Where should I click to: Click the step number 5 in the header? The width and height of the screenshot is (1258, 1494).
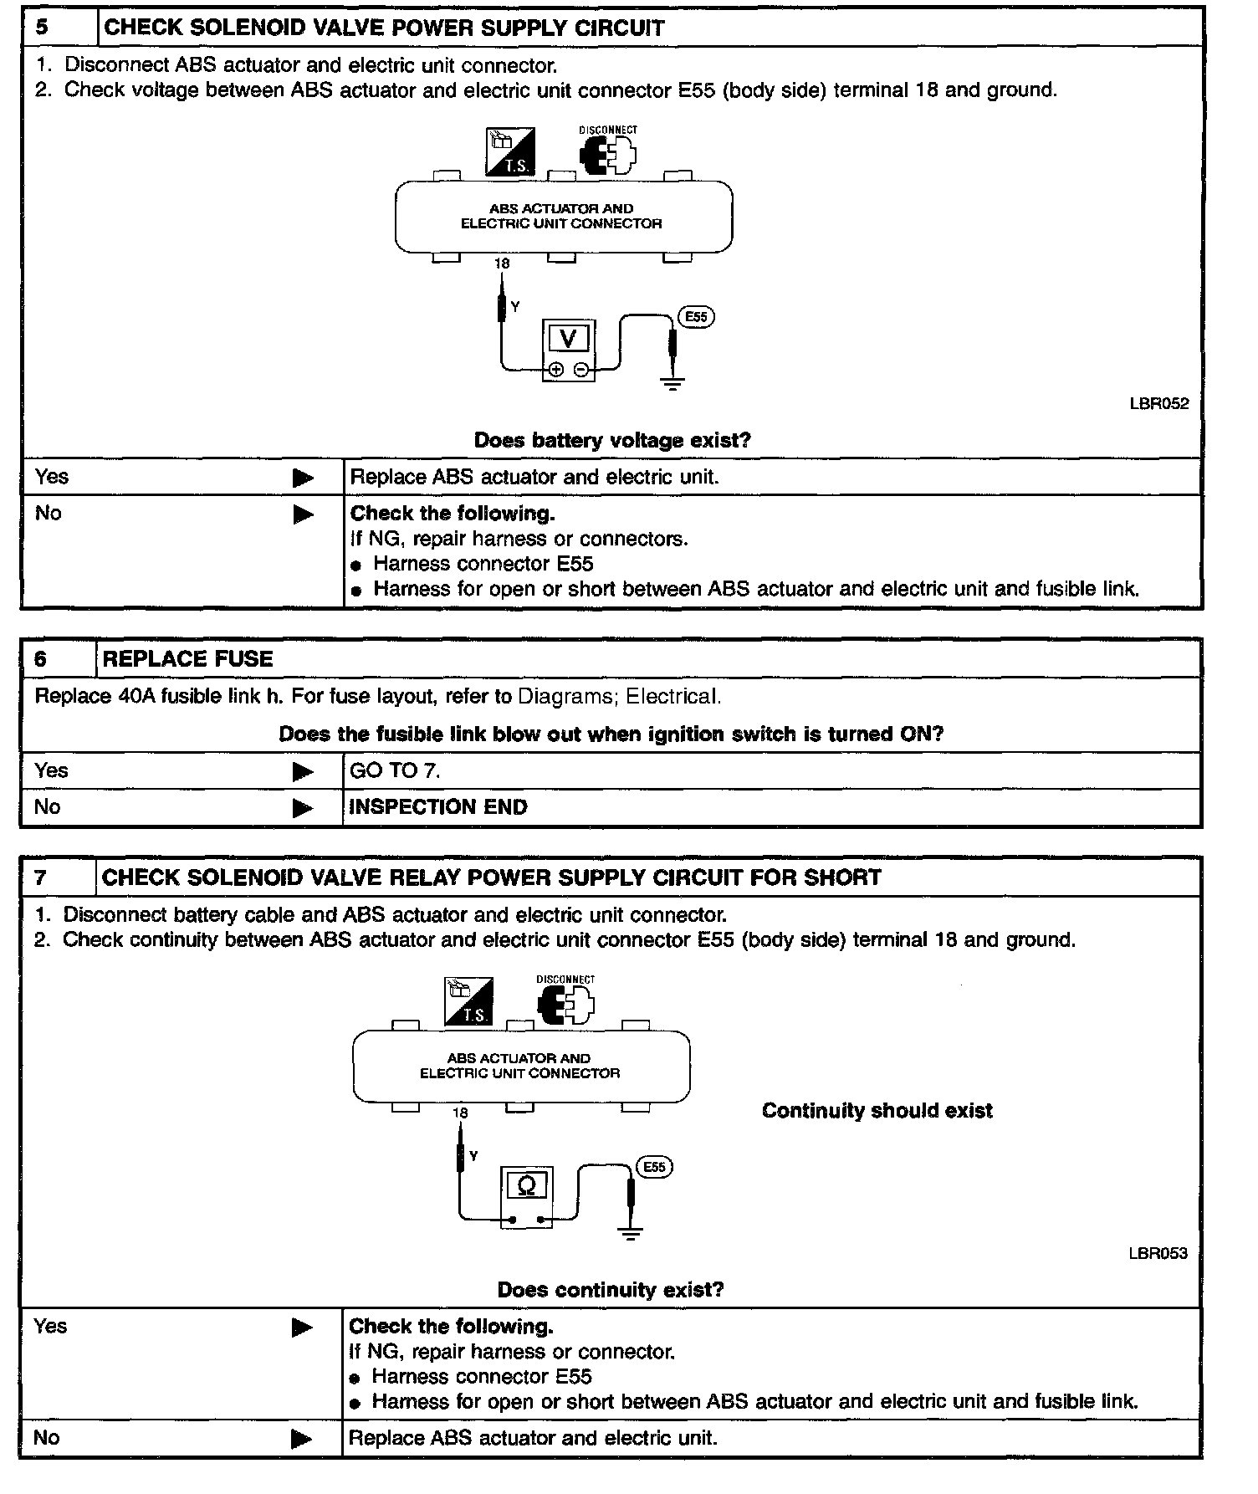pos(42,27)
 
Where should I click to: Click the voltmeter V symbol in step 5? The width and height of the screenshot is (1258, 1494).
pos(569,339)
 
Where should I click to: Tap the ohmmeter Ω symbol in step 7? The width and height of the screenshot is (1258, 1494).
pos(527,1186)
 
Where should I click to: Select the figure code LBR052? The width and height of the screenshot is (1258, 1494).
pos(1158,403)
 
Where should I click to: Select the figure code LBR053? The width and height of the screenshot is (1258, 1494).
pos(1157,1253)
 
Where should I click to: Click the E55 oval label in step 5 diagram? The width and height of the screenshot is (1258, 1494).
pos(696,317)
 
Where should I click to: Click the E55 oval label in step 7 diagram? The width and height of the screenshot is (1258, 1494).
pos(654,1167)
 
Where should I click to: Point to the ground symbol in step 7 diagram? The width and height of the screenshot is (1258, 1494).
pos(631,1233)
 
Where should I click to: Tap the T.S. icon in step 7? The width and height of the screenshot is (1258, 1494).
pos(468,1001)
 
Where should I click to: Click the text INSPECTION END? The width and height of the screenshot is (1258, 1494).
pos(437,807)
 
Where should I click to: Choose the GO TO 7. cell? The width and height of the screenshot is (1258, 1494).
pos(394,770)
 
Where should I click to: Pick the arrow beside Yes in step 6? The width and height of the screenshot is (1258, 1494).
pos(303,771)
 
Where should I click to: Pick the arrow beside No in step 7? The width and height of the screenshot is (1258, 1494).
pos(301,1439)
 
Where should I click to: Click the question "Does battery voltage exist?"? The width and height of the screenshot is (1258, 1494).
pos(612,440)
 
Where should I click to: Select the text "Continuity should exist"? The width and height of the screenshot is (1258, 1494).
pos(877,1111)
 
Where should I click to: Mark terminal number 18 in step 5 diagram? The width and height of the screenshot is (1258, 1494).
pos(502,263)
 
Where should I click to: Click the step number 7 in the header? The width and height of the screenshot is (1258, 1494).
pos(41,877)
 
